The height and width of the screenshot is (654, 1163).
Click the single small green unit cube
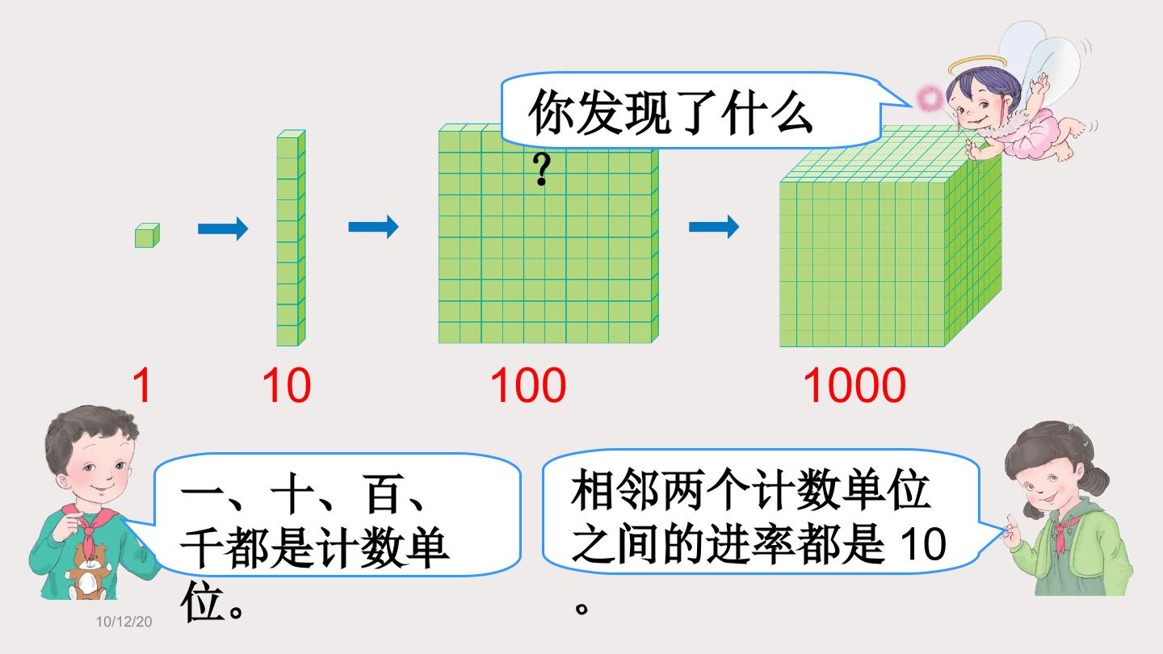[148, 236]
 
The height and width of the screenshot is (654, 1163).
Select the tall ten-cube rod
[291, 237]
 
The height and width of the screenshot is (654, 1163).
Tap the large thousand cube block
[890, 236]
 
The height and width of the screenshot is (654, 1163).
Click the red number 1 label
[142, 385]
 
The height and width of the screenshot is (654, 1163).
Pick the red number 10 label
[287, 385]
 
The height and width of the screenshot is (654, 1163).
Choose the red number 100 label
[528, 385]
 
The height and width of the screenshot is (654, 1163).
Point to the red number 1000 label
[854, 385]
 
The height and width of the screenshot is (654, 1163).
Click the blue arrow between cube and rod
[223, 228]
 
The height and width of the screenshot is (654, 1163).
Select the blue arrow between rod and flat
[373, 227]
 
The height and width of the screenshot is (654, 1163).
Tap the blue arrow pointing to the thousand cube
[714, 227]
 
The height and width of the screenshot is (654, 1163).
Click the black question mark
[541, 170]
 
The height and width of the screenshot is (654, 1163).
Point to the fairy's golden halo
[977, 65]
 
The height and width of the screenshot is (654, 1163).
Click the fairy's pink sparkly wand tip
[930, 99]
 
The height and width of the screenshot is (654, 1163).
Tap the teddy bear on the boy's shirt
[88, 571]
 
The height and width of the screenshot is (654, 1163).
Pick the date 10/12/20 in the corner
[124, 622]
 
